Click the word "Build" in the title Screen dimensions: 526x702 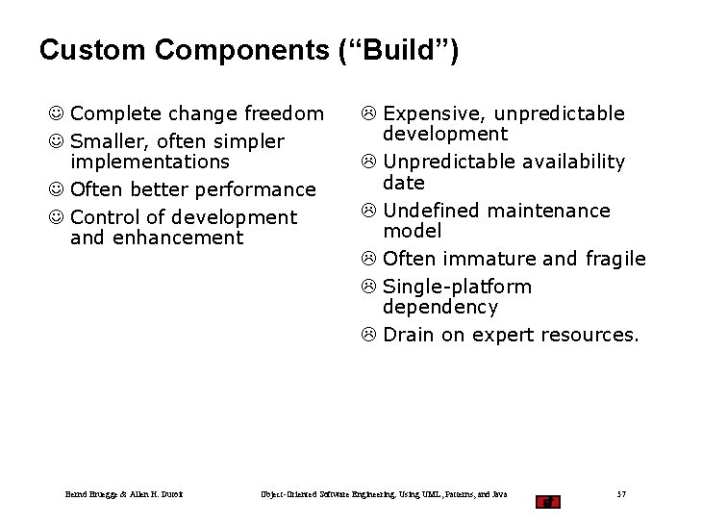coord(409,50)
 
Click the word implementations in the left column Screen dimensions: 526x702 coord(150,162)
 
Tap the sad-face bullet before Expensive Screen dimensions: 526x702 coord(370,114)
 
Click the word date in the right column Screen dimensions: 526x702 coord(403,182)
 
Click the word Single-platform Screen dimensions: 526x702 coord(457,287)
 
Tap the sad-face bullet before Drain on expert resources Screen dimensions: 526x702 coord(370,336)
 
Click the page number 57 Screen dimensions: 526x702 coord(621,494)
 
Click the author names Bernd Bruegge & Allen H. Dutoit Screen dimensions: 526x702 coord(124,494)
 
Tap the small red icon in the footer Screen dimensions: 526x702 coord(547,500)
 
